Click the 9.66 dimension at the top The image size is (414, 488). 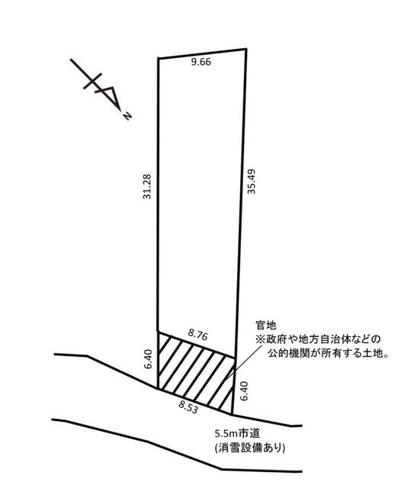coord(201,62)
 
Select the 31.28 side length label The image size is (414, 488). coord(146,186)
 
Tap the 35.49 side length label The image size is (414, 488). coord(251,181)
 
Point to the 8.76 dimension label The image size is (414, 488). coord(198,335)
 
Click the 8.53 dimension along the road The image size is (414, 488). coord(188,406)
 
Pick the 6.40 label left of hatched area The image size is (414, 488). coord(149,359)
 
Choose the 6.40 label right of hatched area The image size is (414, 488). coord(244,391)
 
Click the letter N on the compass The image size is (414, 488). coord(127,116)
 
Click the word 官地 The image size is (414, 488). coord(265,326)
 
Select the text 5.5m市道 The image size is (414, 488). coord(237,433)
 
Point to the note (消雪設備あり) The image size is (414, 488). coord(249,448)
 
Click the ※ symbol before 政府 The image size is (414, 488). coord(260,339)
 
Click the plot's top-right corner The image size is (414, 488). coord(246,49)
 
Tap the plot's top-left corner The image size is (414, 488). coord(159,59)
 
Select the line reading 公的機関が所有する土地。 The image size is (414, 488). coord(328,353)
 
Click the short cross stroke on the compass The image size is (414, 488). coord(92,81)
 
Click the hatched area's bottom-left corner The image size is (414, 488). coord(158,389)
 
